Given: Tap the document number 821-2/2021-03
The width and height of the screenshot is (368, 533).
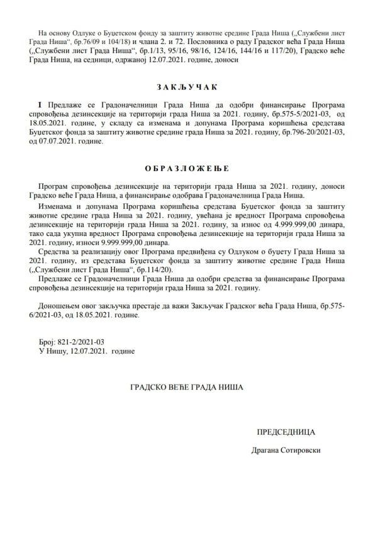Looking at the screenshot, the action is pyautogui.click(x=79, y=341).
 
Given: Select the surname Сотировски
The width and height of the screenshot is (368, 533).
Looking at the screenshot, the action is pyautogui.click(x=298, y=450).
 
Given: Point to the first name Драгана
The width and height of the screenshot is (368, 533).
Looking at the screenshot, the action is pyautogui.click(x=264, y=450).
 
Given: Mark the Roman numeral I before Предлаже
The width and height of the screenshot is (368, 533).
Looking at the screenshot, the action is pyautogui.click(x=40, y=103).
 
